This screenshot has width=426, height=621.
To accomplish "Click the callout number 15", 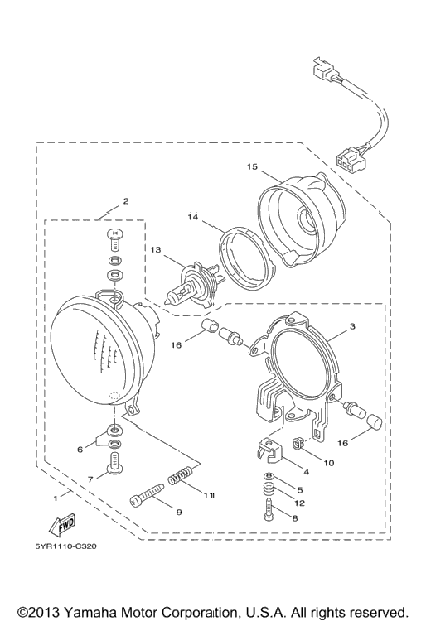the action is [x=252, y=166].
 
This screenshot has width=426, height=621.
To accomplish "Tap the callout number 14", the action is [x=192, y=217].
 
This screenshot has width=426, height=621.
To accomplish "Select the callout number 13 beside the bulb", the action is [x=156, y=249].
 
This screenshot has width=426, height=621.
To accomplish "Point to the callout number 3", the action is [x=352, y=326].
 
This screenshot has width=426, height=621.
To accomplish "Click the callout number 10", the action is [x=329, y=463].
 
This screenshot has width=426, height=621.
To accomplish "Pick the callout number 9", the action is [x=179, y=512].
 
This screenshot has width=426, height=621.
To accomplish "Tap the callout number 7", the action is [x=90, y=479].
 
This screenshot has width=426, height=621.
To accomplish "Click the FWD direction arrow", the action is [x=62, y=525].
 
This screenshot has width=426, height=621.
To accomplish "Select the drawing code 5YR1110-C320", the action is [x=66, y=546].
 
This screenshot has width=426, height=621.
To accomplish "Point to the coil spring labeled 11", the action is [x=181, y=475].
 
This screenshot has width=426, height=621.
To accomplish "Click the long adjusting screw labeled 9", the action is [x=147, y=494].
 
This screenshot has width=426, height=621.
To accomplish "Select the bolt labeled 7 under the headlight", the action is [x=115, y=463].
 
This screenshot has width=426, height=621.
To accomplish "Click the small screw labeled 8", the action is [x=268, y=510].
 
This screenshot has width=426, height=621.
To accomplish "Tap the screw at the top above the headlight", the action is [x=114, y=239].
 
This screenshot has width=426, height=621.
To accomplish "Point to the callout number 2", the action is [x=126, y=201].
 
